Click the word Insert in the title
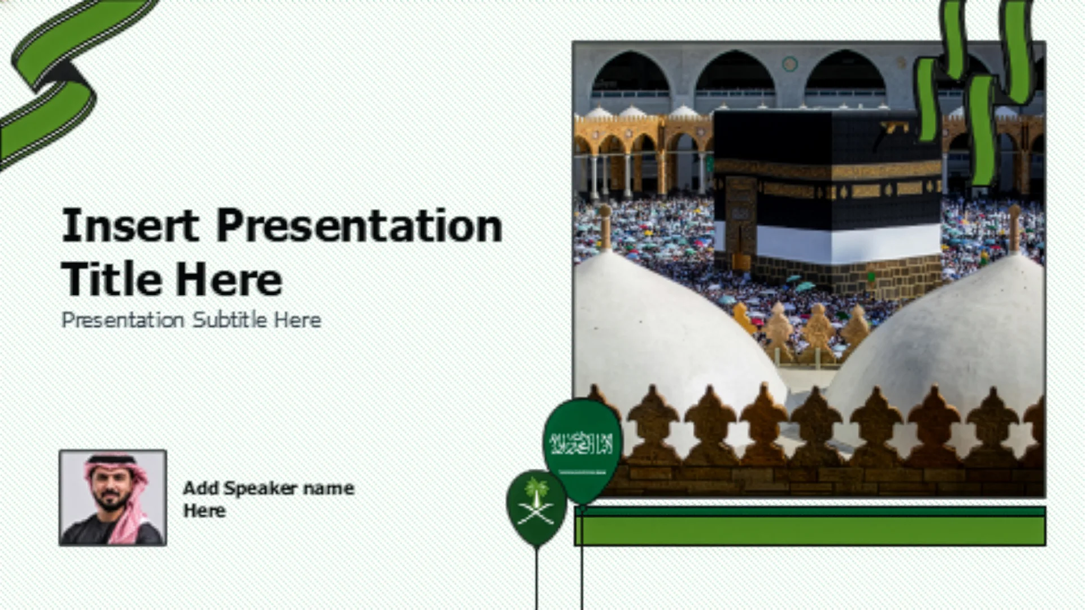tap(131, 226)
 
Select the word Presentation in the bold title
tap(359, 226)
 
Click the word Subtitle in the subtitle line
tap(229, 320)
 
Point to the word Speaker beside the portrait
tap(260, 488)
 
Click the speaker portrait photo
tap(113, 498)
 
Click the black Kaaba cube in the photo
tap(828, 198)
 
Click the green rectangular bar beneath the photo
tap(810, 526)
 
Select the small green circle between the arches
tap(789, 64)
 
